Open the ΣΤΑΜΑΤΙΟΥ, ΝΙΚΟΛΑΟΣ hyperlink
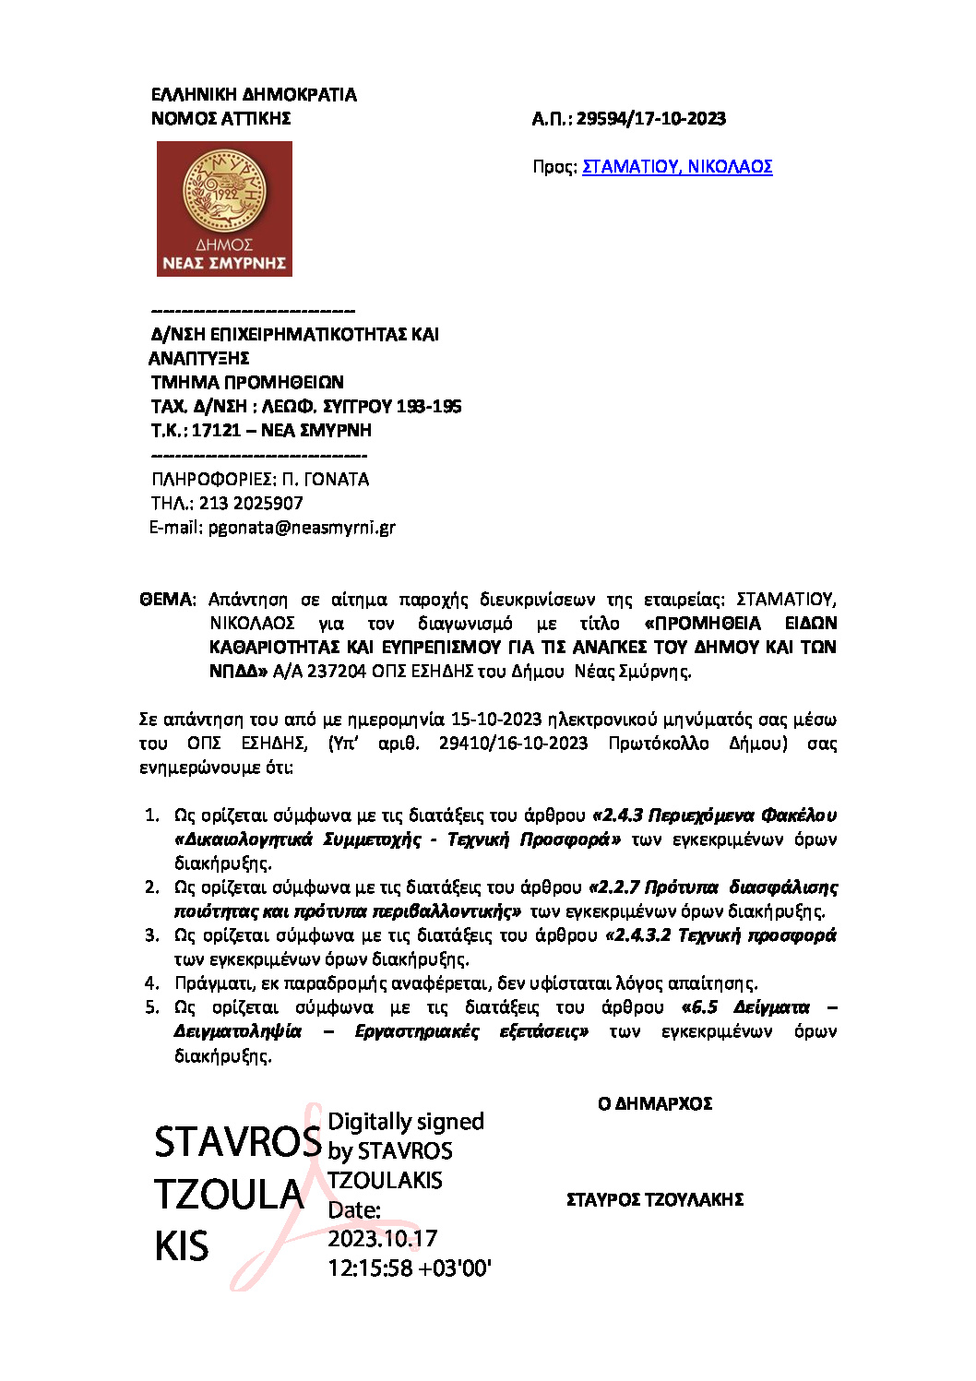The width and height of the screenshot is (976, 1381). click(x=677, y=167)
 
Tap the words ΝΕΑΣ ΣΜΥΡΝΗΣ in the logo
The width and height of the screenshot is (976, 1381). click(x=224, y=263)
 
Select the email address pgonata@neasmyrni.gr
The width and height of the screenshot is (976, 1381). click(x=302, y=528)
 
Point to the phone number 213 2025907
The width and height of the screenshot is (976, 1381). click(x=251, y=504)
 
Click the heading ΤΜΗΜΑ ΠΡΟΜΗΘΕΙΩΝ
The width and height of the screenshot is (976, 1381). click(x=247, y=382)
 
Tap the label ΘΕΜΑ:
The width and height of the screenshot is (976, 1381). click(x=167, y=600)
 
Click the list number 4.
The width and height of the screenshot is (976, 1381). click(x=152, y=983)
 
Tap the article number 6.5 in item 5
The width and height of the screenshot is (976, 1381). click(x=704, y=1007)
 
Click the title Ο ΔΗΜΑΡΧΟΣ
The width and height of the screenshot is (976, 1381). click(x=655, y=1104)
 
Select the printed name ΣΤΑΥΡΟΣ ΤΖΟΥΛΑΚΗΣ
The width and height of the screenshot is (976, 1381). click(x=655, y=1200)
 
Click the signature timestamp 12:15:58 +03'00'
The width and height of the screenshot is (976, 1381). click(x=410, y=1268)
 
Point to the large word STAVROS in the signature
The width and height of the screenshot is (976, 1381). click(x=237, y=1142)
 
